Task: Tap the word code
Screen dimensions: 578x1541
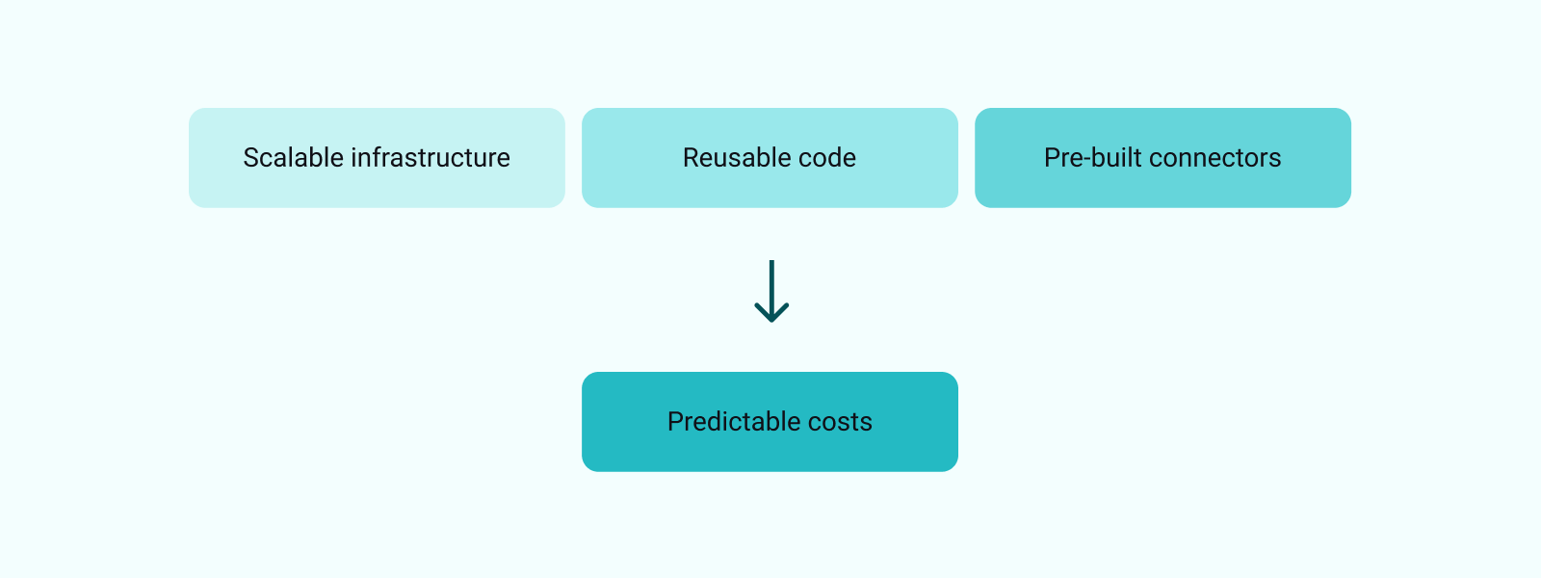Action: point(830,158)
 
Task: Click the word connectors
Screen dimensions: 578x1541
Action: point(1215,158)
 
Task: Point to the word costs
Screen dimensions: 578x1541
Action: point(841,422)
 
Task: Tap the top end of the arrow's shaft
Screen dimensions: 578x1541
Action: point(771,262)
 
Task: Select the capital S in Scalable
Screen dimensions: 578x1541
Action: point(251,158)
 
